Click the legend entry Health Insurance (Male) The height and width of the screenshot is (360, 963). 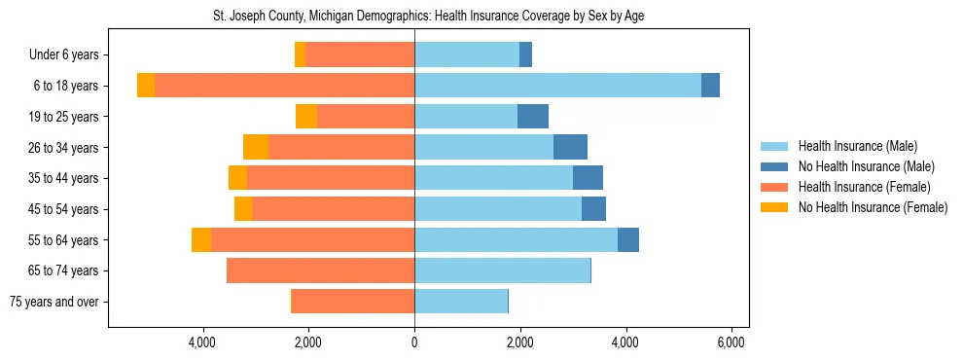tap(857, 146)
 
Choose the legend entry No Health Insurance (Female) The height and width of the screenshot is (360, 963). tap(873, 207)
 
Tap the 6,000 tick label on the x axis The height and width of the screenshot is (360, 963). tap(731, 342)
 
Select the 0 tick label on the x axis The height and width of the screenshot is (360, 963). tap(414, 342)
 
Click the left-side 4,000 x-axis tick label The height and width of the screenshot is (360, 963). tap(202, 342)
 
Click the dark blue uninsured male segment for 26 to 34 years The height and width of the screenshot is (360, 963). tap(570, 147)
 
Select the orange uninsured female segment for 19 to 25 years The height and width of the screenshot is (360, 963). tap(306, 117)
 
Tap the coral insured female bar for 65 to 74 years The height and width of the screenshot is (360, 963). tap(320, 270)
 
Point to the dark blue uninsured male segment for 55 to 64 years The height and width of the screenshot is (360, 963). tap(628, 239)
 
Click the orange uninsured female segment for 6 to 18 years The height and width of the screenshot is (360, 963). tap(146, 86)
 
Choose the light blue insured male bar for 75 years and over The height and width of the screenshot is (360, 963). tap(461, 302)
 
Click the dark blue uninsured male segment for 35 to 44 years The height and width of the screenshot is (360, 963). tap(588, 178)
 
